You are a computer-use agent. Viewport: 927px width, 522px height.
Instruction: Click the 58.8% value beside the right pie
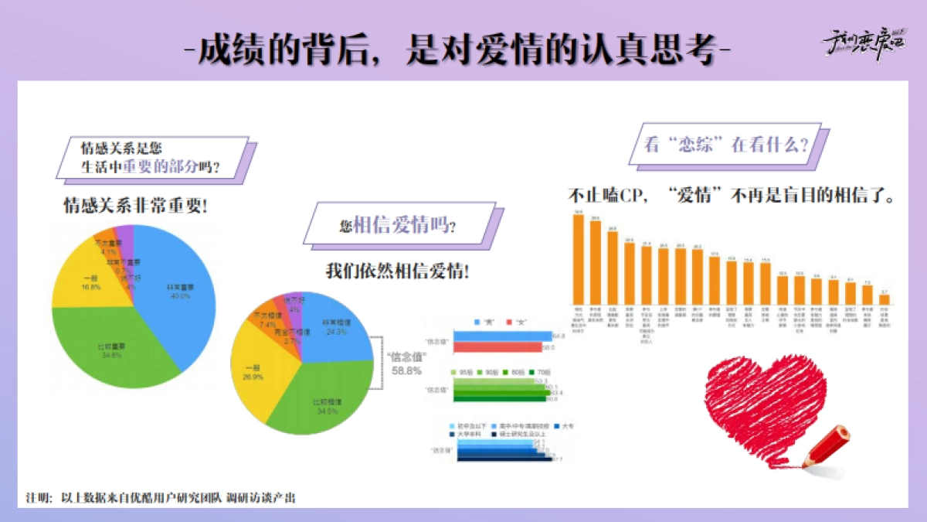[x=406, y=371]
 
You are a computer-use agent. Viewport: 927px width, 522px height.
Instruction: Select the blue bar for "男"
[x=502, y=336]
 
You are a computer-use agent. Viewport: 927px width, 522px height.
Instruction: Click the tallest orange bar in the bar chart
[x=578, y=259]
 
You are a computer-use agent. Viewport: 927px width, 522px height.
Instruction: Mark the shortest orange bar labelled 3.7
[x=885, y=299]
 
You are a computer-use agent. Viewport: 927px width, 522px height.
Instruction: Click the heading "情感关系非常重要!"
[x=134, y=207]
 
